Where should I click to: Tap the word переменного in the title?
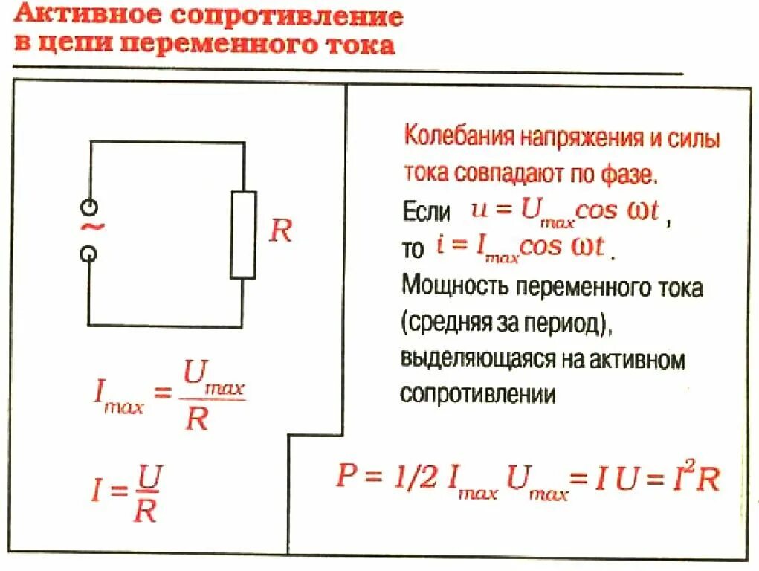pos(217,45)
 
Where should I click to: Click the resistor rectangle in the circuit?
pos(243,235)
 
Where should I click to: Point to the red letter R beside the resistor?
pos(280,231)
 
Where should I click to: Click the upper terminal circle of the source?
pos(88,206)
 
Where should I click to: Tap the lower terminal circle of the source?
pos(88,254)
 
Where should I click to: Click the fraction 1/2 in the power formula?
pos(409,477)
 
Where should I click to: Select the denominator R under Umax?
pos(196,420)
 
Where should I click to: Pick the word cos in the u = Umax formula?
pos(598,210)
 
